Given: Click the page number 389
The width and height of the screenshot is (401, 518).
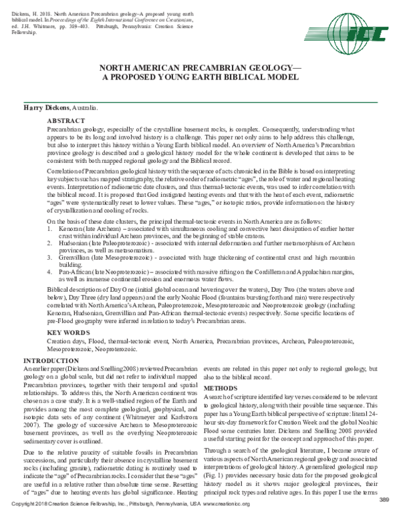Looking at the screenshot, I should [x=383, y=500].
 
